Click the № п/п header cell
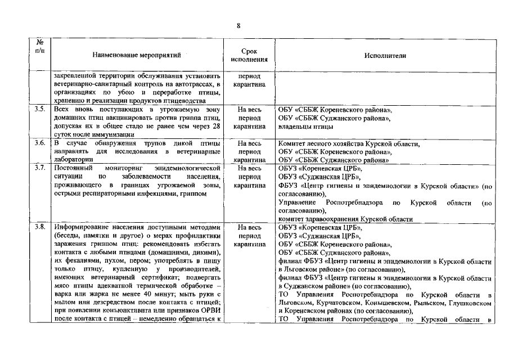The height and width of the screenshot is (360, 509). [39, 46]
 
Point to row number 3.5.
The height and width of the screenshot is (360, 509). [39, 110]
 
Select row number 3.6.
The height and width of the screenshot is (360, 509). [39, 143]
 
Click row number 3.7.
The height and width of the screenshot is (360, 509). [39, 168]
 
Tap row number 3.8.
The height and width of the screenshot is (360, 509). [39, 227]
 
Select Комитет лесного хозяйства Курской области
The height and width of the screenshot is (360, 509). [349, 143]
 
